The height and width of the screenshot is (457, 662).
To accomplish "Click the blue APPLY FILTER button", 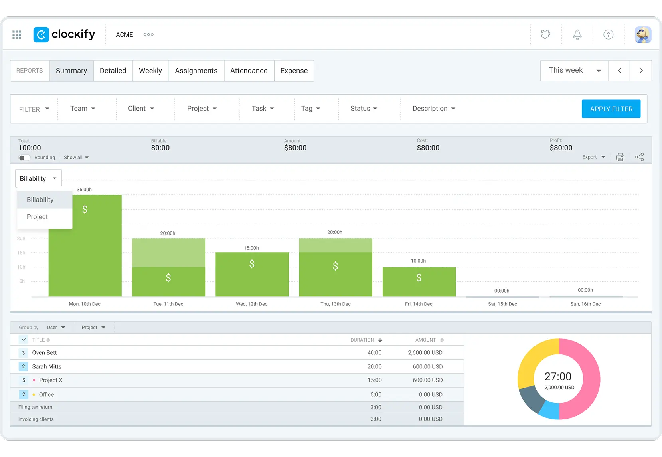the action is pyautogui.click(x=611, y=109).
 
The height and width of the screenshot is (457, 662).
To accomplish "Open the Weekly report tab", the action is pyautogui.click(x=150, y=71).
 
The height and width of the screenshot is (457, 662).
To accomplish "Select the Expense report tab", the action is pyautogui.click(x=294, y=71).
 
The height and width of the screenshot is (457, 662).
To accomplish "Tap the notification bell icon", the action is pyautogui.click(x=577, y=35).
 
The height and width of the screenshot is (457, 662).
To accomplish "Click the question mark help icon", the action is pyautogui.click(x=608, y=35).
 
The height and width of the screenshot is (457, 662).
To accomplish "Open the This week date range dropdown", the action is pyautogui.click(x=574, y=71).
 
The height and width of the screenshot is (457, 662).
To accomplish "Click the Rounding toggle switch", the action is pyautogui.click(x=24, y=158).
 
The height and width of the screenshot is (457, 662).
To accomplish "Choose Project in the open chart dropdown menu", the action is pyautogui.click(x=37, y=217).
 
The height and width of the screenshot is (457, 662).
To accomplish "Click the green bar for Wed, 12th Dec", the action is pyautogui.click(x=252, y=274).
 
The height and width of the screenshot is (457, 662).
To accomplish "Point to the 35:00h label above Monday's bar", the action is pyautogui.click(x=84, y=190).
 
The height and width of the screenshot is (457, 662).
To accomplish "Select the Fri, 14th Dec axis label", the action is pyautogui.click(x=419, y=304).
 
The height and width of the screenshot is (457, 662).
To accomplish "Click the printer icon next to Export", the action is pyautogui.click(x=620, y=157).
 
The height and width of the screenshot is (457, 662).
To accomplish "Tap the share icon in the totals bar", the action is pyautogui.click(x=640, y=157).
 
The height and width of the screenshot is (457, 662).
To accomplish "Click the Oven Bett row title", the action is pyautogui.click(x=44, y=353).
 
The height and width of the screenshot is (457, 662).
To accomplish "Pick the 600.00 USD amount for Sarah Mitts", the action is pyautogui.click(x=428, y=366).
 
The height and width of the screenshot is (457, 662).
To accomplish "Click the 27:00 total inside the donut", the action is pyautogui.click(x=558, y=376).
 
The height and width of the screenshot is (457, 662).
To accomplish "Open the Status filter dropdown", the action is pyautogui.click(x=364, y=109).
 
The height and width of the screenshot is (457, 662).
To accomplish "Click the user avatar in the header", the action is pyautogui.click(x=643, y=35).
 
